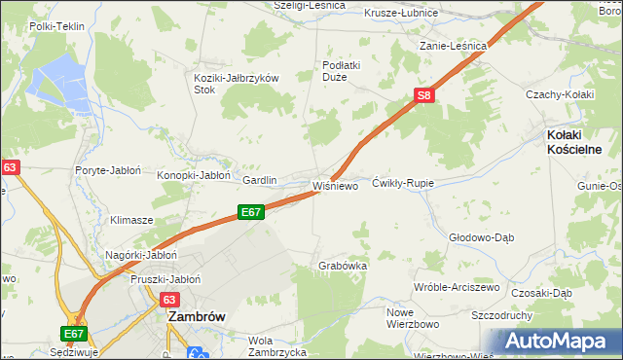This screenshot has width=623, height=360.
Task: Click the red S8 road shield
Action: click(x=423, y=95)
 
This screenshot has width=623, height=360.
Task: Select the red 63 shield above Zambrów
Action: click(x=169, y=301)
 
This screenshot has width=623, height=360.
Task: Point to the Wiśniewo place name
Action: click(x=336, y=185)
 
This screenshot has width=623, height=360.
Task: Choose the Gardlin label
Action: click(x=260, y=180)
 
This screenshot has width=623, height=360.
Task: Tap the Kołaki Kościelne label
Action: click(x=573, y=142)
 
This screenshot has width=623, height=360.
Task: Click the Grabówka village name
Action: click(x=343, y=265)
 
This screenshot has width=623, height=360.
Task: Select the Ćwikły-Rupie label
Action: click(x=402, y=183)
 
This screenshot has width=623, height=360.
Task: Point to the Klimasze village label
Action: click(x=131, y=220)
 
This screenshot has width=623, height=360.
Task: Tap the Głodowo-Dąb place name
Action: click(x=481, y=236)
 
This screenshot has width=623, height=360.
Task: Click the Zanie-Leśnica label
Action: click(x=453, y=45)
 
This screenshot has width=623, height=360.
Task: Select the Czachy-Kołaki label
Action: click(x=559, y=93)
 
